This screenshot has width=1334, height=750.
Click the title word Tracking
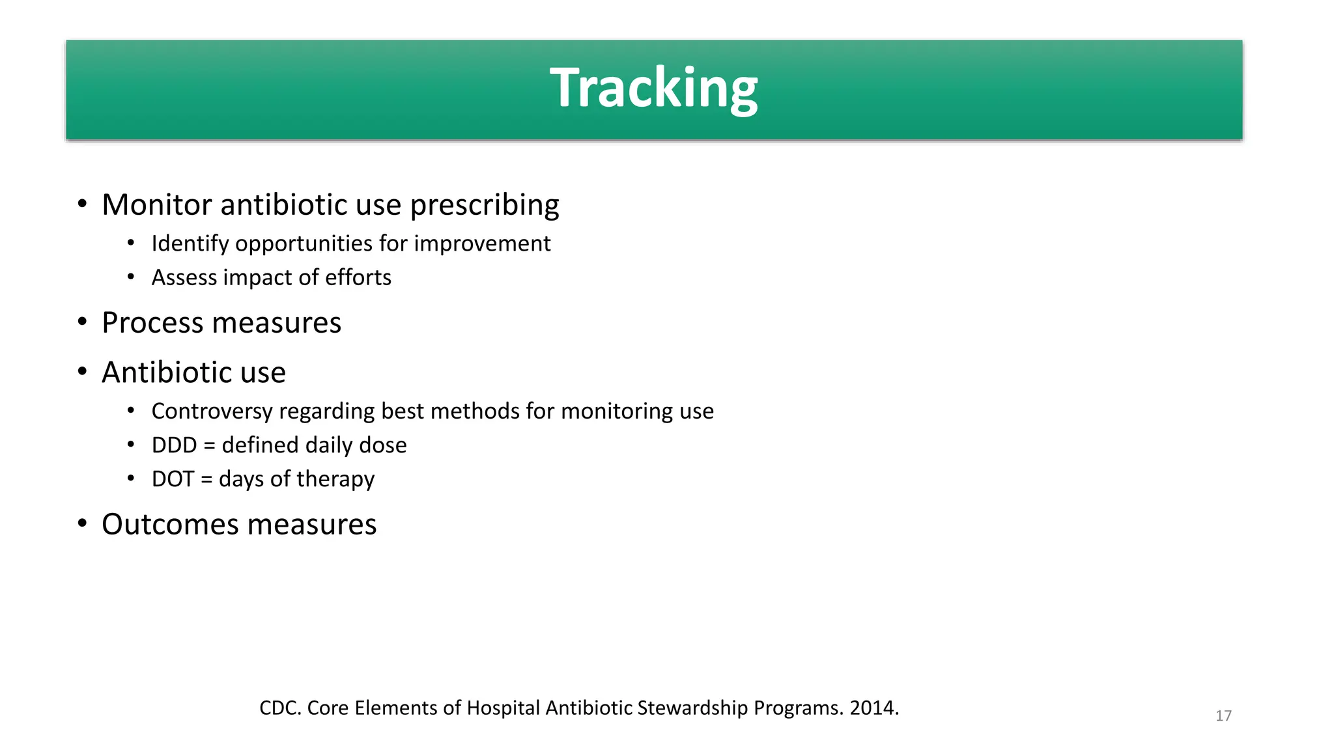coord(653,88)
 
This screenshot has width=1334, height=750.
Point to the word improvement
coord(482,244)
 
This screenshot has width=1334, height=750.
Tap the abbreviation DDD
coord(174,445)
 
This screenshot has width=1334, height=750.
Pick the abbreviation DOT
coord(173,479)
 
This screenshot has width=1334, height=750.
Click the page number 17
coord(1223,716)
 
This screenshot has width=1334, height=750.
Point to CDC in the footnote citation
coord(279,708)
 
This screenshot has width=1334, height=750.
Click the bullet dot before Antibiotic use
coord(82,372)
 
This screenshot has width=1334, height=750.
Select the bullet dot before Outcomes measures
coord(82,523)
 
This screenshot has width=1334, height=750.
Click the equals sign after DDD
coord(209,446)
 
